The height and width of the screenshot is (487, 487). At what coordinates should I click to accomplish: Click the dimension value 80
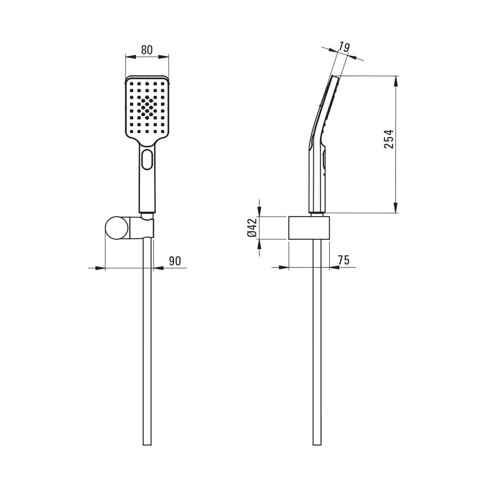click(147, 50)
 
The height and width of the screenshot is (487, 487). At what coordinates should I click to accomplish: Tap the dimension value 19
click(344, 47)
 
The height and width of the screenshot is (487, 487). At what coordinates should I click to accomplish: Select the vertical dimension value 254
click(388, 139)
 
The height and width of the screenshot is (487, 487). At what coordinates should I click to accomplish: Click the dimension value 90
click(175, 261)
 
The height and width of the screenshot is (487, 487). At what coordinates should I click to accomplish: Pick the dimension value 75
click(343, 260)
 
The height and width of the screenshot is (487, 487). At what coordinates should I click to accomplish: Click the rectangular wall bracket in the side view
click(309, 227)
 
